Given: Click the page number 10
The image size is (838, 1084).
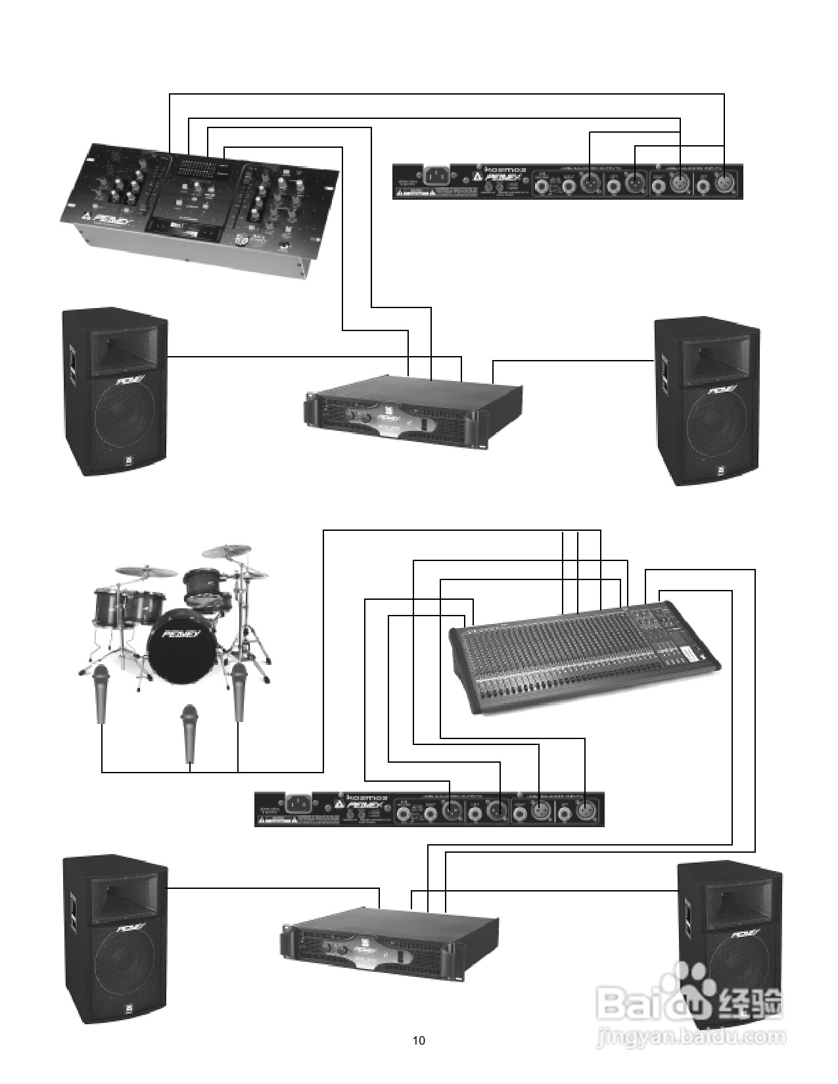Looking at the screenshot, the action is click(x=419, y=1040).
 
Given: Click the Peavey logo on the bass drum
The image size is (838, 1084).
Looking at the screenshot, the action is click(x=178, y=635).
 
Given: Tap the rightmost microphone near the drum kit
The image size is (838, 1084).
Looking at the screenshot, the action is click(x=239, y=691).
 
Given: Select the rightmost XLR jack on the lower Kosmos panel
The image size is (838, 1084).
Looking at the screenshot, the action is click(x=584, y=812).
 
